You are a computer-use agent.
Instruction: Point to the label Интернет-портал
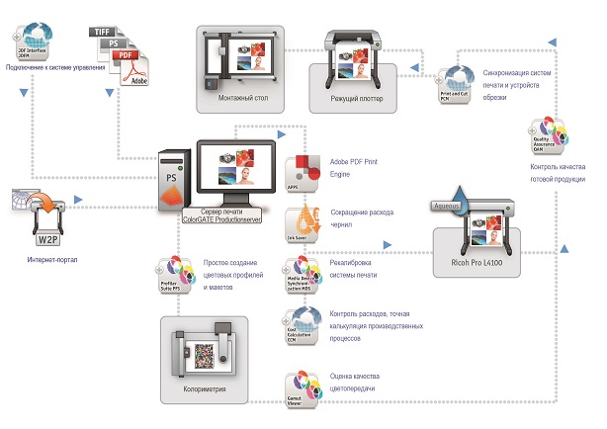(x=46, y=262)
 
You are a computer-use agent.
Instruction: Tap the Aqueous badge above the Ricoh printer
(x=455, y=205)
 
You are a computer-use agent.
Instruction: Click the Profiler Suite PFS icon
(x=174, y=273)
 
